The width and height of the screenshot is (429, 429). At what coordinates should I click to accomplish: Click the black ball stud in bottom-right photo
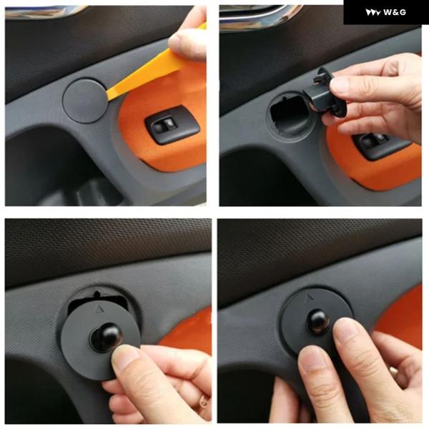[318, 322]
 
